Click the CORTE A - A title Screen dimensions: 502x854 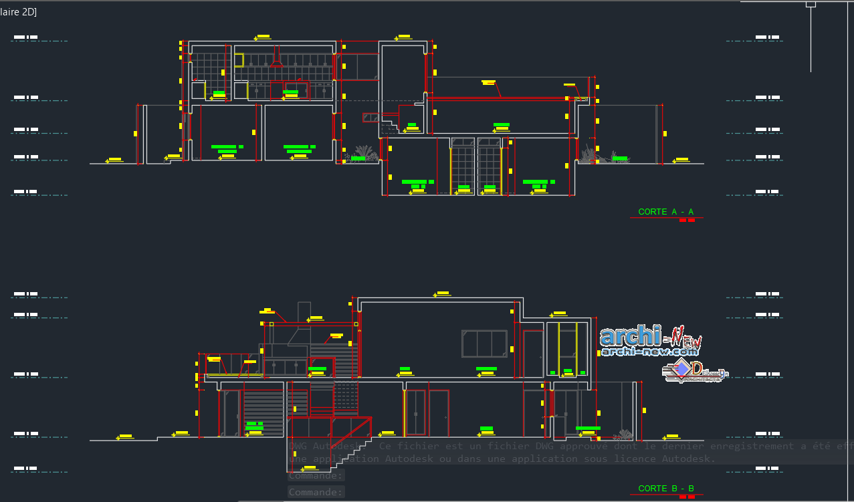point(665,212)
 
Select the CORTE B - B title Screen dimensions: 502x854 point(666,489)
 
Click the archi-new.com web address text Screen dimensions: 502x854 point(649,351)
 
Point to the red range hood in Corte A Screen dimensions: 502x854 point(276,64)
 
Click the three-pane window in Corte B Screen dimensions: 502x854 point(484,344)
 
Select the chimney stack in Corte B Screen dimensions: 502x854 point(304,313)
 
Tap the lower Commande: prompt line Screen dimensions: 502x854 point(316,492)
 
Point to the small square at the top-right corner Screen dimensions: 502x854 point(811,4)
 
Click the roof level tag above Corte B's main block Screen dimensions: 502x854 point(442,293)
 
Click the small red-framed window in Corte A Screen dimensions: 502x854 point(370,118)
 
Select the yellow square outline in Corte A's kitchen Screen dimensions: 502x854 point(239,60)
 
